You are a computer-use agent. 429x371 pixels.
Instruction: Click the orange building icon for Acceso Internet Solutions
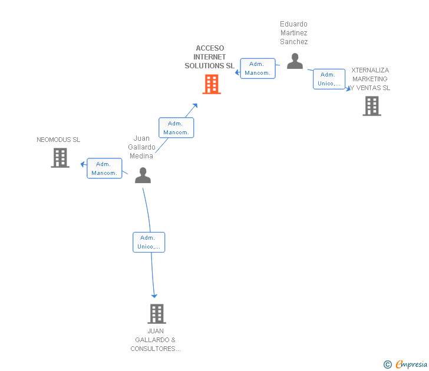point(212,84)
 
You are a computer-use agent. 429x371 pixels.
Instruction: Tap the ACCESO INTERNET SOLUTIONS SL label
point(209,57)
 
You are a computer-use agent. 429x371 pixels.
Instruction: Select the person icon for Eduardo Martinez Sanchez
point(295,61)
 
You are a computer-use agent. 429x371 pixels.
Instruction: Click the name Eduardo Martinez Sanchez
point(293,33)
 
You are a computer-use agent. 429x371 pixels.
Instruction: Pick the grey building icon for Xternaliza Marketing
point(371,106)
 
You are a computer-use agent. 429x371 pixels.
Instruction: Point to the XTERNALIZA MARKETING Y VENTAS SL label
point(369,79)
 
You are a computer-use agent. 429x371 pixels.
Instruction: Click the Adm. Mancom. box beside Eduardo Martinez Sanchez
point(258,68)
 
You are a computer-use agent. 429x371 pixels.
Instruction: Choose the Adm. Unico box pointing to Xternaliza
point(329,79)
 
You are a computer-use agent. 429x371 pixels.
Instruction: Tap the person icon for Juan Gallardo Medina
point(143,175)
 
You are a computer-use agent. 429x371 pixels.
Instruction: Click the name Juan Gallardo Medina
point(141,147)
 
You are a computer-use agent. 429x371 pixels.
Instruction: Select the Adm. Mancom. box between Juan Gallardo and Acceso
point(176,128)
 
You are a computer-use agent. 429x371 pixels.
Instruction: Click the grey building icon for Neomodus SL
point(60,158)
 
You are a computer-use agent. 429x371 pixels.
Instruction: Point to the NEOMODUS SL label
point(58,140)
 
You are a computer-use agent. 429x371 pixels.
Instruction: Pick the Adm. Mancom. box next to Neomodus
point(104,168)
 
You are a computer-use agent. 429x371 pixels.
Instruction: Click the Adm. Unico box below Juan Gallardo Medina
point(148,242)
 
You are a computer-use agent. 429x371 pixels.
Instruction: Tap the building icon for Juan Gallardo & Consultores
point(156,314)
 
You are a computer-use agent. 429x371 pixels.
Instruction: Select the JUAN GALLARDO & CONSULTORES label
point(156,340)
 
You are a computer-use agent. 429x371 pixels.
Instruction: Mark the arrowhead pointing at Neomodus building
point(83,164)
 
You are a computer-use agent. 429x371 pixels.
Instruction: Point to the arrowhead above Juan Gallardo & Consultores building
point(154,295)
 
